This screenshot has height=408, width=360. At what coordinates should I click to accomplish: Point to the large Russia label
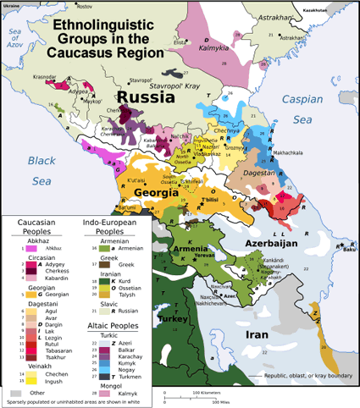146,97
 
